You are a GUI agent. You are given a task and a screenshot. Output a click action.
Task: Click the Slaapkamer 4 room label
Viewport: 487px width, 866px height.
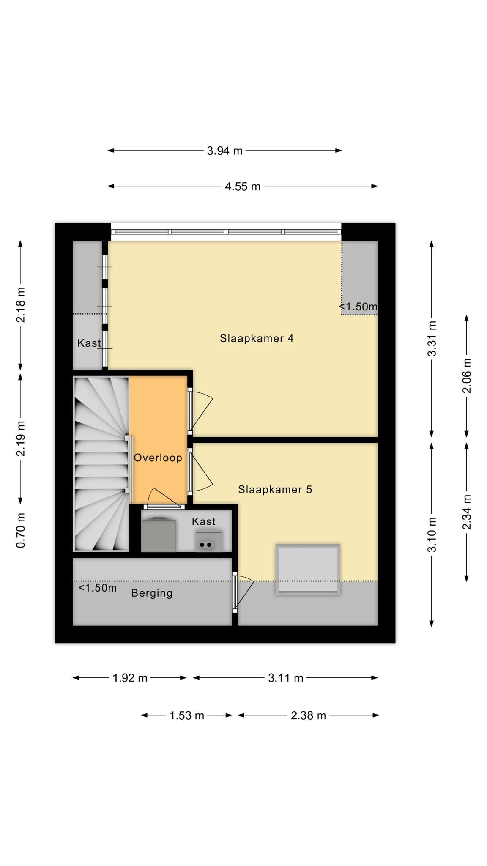pyautogui.click(x=257, y=338)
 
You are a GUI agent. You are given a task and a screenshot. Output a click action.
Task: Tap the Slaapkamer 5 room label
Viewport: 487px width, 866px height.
pyautogui.click(x=275, y=489)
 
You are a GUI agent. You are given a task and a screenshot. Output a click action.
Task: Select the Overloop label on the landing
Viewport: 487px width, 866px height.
pyautogui.click(x=158, y=458)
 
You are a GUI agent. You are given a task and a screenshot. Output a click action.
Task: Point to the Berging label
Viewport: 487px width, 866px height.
pyautogui.click(x=152, y=593)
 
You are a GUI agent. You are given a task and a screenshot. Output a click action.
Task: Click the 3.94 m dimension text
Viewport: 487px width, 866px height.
pyautogui.click(x=225, y=151)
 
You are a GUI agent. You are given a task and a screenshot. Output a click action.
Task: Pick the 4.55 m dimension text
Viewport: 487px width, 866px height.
pyautogui.click(x=243, y=186)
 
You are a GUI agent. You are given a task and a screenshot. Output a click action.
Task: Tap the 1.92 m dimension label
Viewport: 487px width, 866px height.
pyautogui.click(x=130, y=678)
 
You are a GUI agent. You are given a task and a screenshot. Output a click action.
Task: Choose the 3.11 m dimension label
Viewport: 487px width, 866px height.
pyautogui.click(x=286, y=678)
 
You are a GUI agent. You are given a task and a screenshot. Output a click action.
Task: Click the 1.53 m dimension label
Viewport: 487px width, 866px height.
pyautogui.click(x=187, y=715)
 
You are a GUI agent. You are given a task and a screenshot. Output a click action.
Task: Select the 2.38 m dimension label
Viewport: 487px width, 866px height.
pyautogui.click(x=308, y=715)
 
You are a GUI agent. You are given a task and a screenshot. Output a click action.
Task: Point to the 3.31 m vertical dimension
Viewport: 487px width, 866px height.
pyautogui.click(x=432, y=339)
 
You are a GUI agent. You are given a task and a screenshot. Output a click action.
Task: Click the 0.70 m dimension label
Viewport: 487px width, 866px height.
pyautogui.click(x=21, y=530)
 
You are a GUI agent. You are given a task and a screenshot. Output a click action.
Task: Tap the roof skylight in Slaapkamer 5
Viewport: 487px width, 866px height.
pyautogui.click(x=308, y=569)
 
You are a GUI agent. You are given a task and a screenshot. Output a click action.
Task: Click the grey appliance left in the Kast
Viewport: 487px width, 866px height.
pyautogui.click(x=159, y=535)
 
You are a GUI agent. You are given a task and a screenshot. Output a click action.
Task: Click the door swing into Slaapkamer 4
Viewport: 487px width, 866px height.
pyautogui.click(x=201, y=411)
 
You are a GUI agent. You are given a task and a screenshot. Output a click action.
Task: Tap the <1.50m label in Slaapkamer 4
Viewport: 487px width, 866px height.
pyautogui.click(x=358, y=307)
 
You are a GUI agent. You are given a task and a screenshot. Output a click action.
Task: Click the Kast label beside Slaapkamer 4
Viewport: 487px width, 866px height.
pyautogui.click(x=89, y=343)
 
